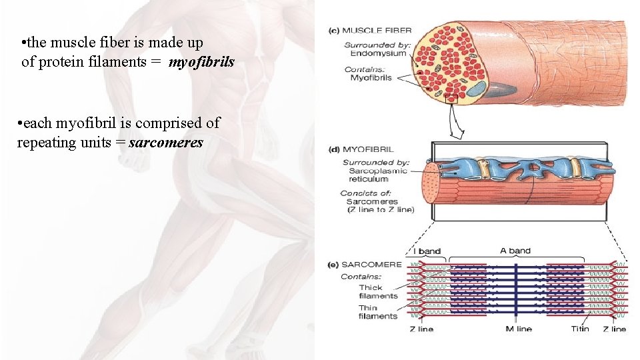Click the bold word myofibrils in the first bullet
click(x=201, y=63)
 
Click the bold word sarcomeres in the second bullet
click(x=166, y=143)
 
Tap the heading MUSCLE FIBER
click(x=378, y=30)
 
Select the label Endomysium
click(x=378, y=53)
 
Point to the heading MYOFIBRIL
click(x=371, y=149)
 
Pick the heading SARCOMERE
click(x=372, y=264)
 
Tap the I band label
click(x=429, y=251)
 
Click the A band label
click(x=515, y=251)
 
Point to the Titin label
click(x=580, y=329)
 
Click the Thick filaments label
click(x=378, y=291)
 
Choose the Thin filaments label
click(x=378, y=312)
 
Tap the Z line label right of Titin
click(x=614, y=329)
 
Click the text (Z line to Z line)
click(x=381, y=209)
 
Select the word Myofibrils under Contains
click(x=371, y=78)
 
